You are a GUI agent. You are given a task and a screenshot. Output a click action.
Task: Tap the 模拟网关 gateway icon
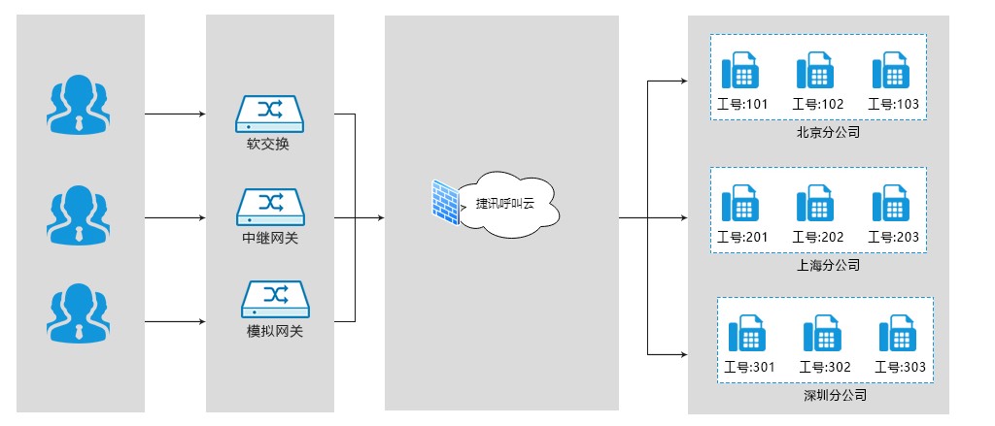pos(269,298)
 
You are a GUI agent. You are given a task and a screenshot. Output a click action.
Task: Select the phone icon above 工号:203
pos(892,204)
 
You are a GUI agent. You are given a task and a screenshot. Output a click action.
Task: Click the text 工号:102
pos(818,104)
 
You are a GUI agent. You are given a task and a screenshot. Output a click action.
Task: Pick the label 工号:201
pos(742,237)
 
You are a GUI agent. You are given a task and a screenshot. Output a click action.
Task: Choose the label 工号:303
pos(900,368)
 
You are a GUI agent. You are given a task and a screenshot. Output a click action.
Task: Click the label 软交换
pos(268,145)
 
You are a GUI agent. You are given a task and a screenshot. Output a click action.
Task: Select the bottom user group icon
pos(77,312)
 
